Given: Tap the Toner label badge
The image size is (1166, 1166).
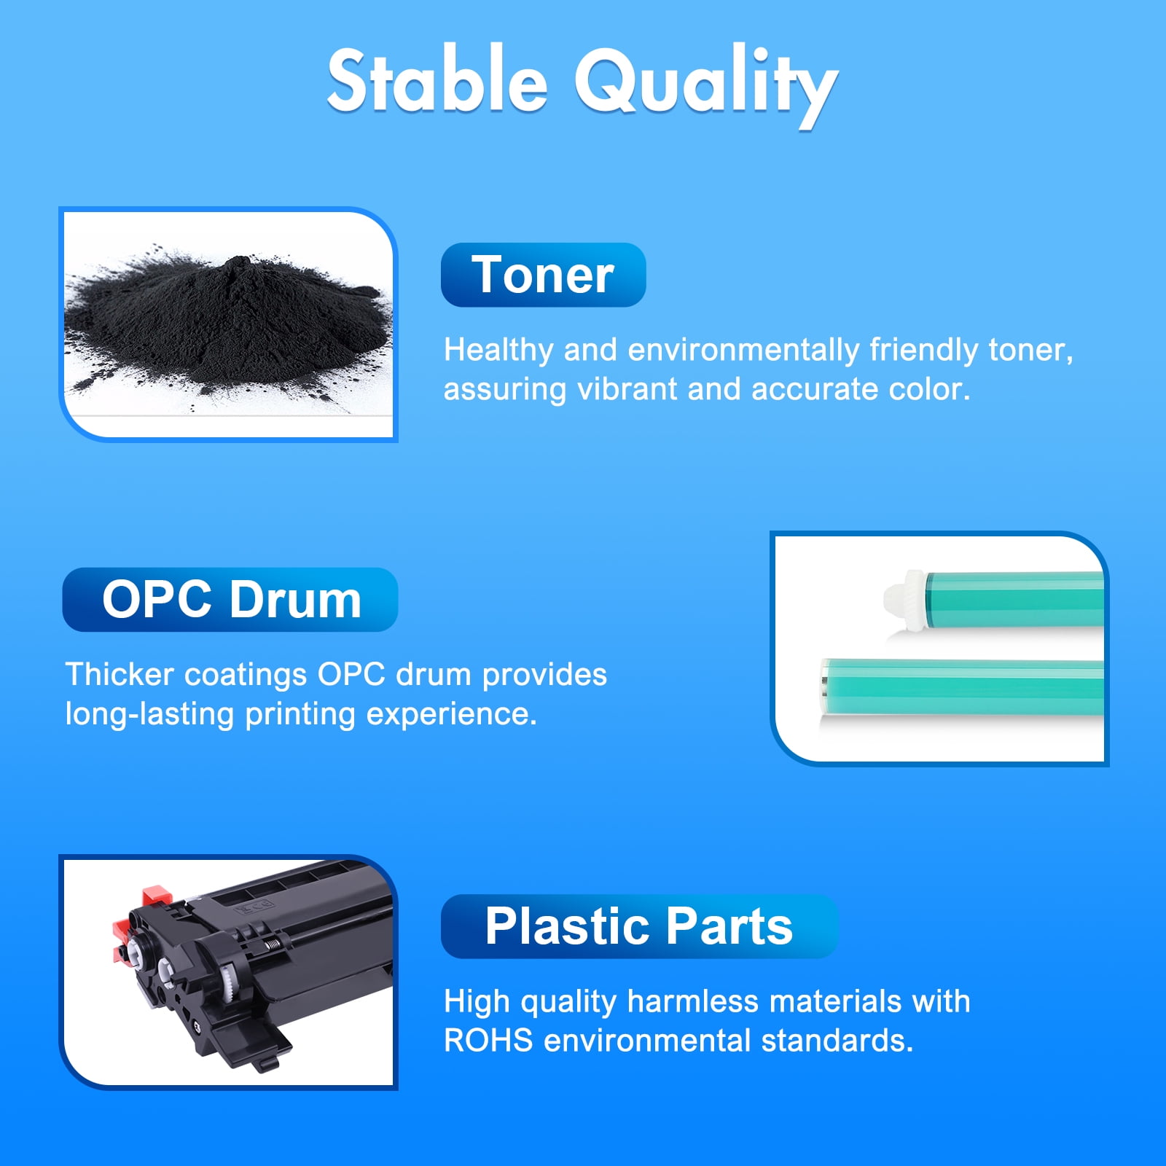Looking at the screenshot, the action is point(543,275).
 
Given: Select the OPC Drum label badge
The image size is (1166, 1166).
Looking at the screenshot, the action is point(230,600).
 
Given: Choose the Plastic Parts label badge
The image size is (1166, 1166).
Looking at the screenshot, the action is point(640,926).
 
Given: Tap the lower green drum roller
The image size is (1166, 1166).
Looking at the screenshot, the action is point(962,687).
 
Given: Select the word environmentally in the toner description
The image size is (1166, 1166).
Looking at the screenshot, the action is point(743,351).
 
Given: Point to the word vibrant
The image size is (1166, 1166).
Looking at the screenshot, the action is point(627,388).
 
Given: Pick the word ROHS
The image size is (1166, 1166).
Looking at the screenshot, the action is point(488,1041).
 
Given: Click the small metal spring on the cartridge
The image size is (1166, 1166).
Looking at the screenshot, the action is point(272,944).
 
